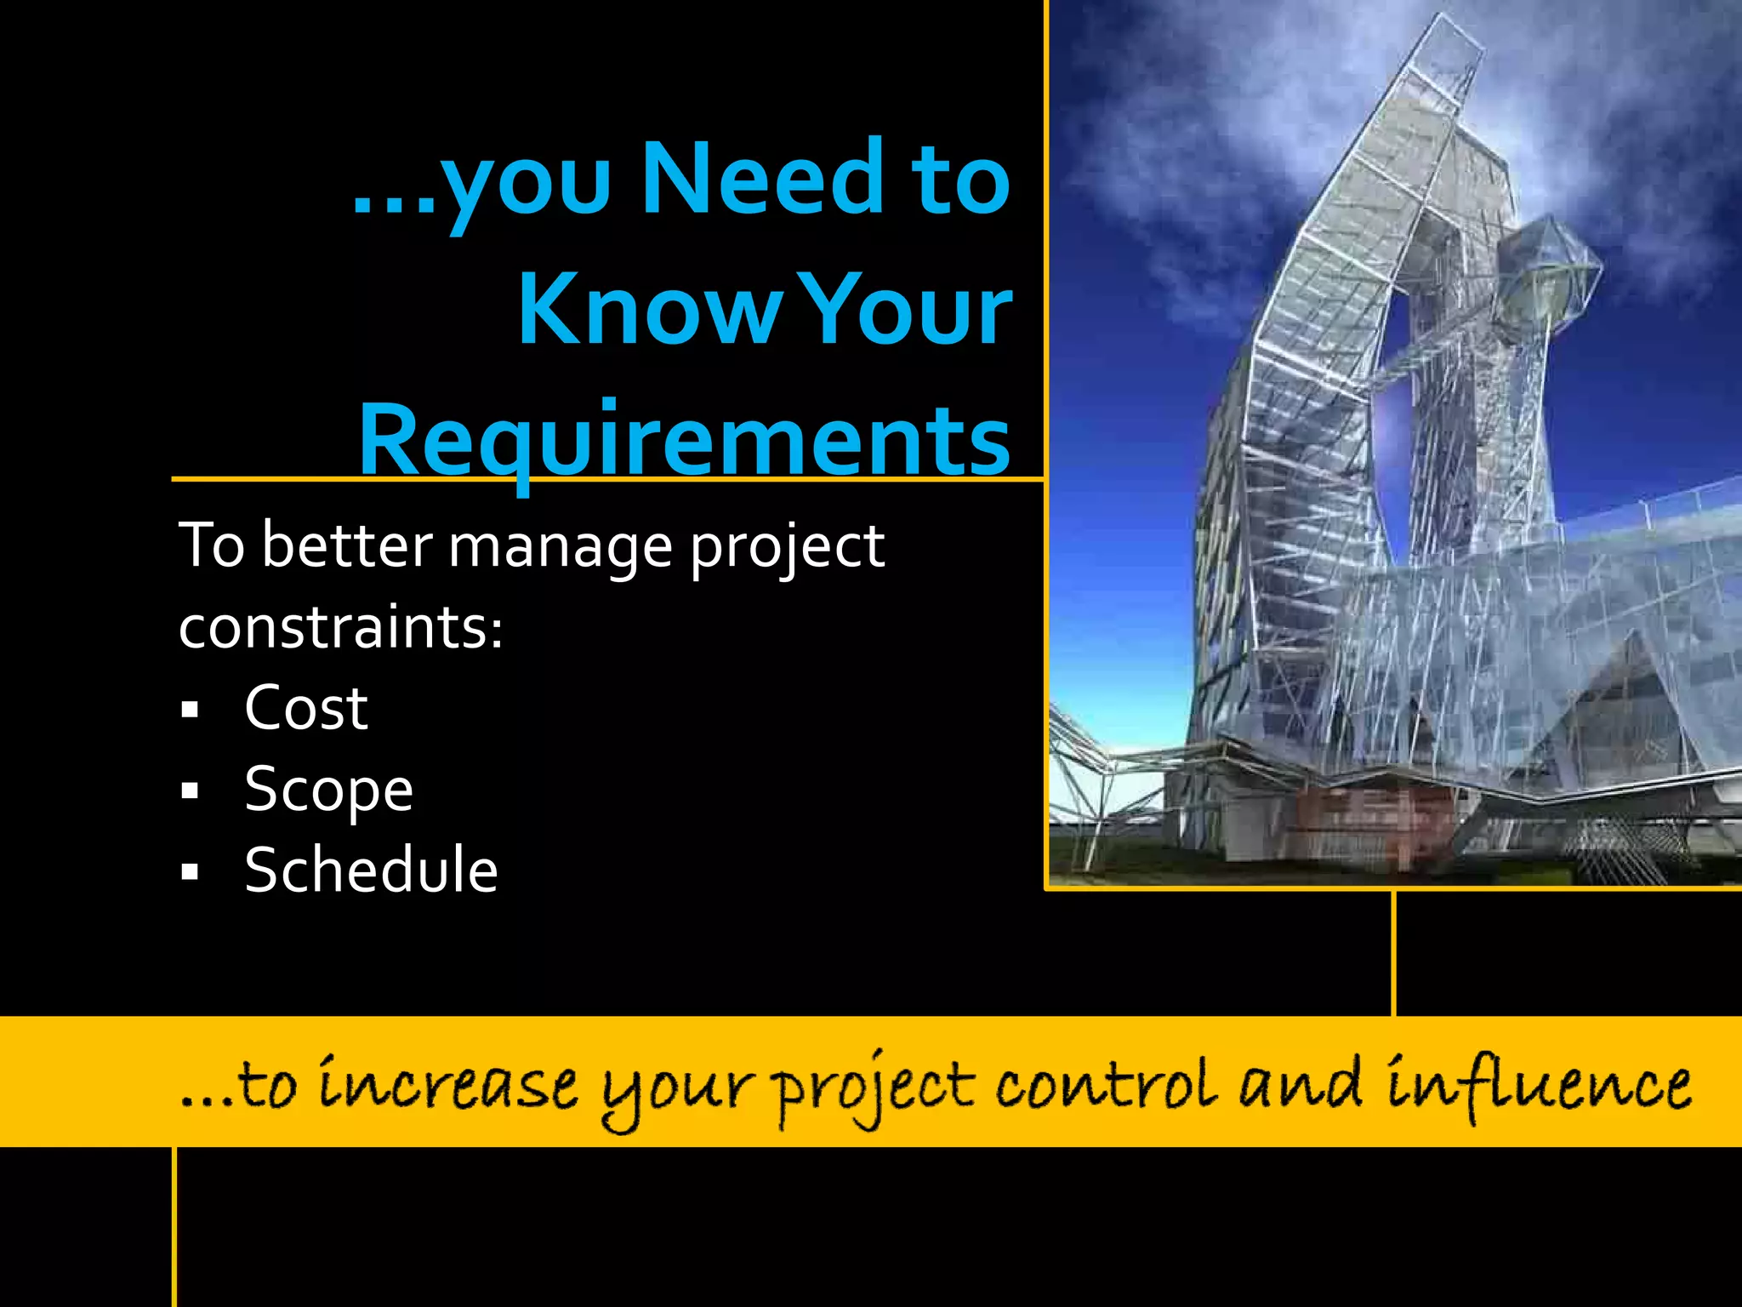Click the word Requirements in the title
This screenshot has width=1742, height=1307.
[x=685, y=441]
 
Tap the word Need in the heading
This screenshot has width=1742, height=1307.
[x=762, y=179]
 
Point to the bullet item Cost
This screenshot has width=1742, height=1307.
[x=305, y=708]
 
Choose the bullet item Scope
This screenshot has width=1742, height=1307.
[x=328, y=790]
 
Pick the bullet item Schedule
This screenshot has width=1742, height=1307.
[x=371, y=870]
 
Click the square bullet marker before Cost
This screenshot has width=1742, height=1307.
[x=190, y=709]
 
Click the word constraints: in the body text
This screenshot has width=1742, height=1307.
[x=341, y=628]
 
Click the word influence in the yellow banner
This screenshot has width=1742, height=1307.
[x=1538, y=1085]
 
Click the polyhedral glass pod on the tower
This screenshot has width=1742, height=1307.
[x=1546, y=265]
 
